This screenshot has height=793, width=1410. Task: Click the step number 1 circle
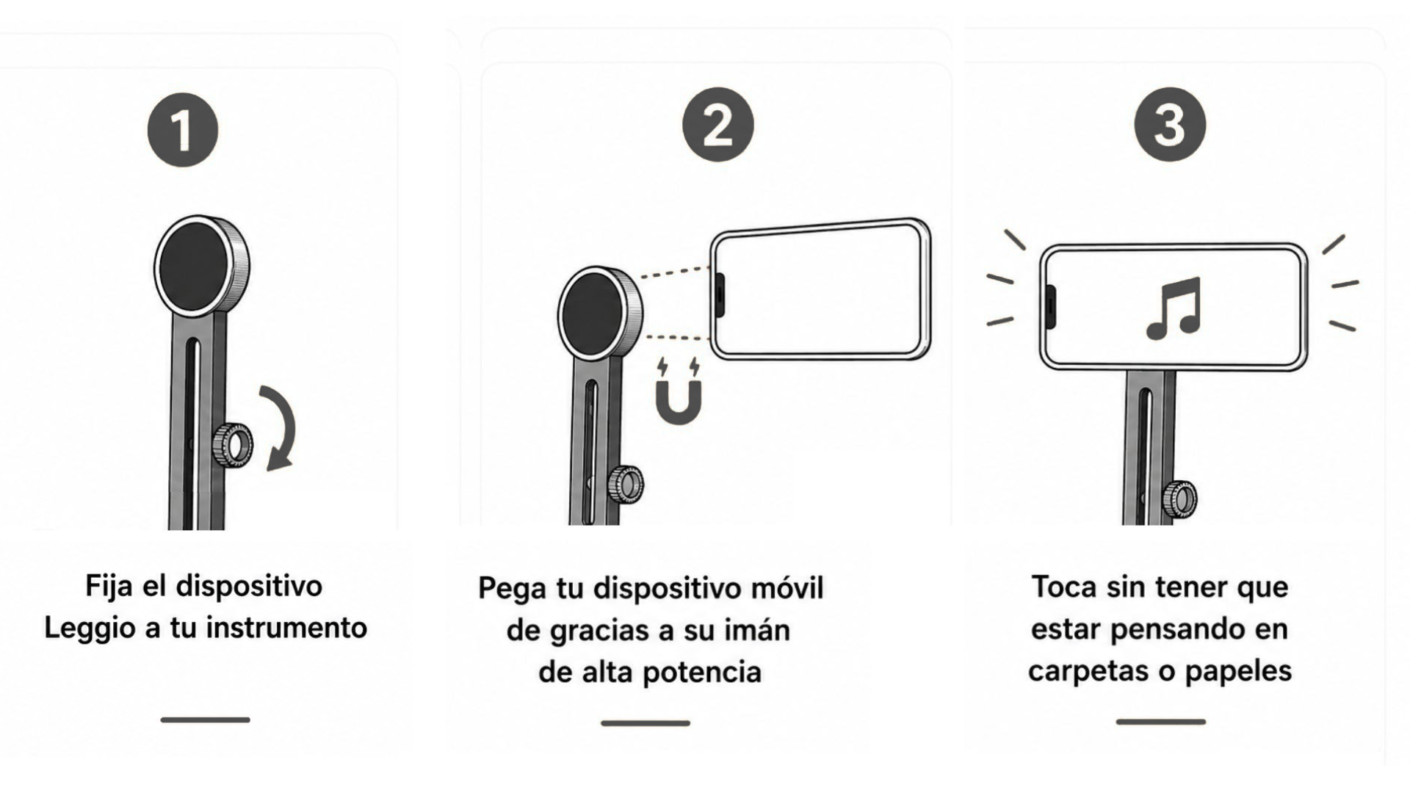click(183, 130)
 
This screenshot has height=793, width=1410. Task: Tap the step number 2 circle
click(717, 125)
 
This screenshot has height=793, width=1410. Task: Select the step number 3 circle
click(1170, 125)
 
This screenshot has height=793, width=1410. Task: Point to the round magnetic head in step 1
click(201, 266)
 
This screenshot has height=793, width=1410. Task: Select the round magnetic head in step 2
click(600, 314)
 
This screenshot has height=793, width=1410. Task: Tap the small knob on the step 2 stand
click(626, 484)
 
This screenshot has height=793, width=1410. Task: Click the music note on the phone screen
click(1174, 308)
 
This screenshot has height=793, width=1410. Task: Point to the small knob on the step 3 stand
click(1179, 499)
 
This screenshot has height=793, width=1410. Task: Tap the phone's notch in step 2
click(720, 295)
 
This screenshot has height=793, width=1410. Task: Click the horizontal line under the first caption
click(205, 720)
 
